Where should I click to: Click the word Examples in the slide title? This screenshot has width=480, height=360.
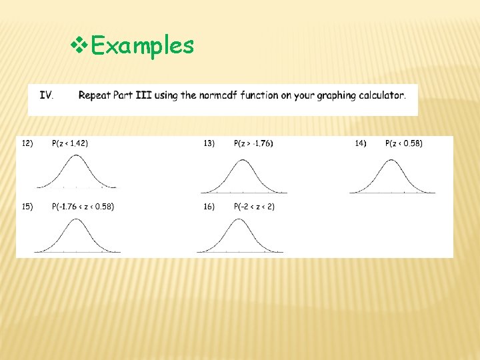tap(142, 45)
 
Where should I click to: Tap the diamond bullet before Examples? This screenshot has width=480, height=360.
tap(79, 45)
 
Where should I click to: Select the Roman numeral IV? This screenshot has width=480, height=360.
tap(47, 95)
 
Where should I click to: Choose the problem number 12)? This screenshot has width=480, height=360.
tap(27, 143)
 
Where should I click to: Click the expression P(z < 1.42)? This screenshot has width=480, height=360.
tap(70, 143)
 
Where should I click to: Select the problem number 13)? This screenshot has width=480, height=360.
tap(209, 143)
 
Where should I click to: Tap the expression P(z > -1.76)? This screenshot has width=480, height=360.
tap(253, 143)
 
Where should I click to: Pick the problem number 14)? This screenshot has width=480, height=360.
tap(360, 143)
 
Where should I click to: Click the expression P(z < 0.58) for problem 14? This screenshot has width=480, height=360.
tap(404, 143)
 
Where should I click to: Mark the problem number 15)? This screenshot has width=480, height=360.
tap(27, 207)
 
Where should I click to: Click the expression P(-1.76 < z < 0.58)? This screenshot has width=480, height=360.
tap(83, 207)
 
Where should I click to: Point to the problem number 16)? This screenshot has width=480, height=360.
tap(209, 207)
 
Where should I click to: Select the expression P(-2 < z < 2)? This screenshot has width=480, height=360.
tap(254, 207)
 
